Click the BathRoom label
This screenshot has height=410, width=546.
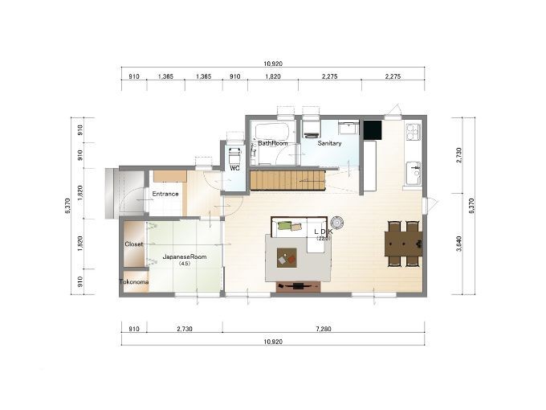pyautogui.click(x=273, y=143)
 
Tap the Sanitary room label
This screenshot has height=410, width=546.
pyautogui.click(x=329, y=143)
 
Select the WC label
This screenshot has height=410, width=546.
pyautogui.click(x=235, y=168)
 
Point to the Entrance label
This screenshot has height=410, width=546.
pyautogui.click(x=165, y=194)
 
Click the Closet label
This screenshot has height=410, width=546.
pyautogui.click(x=134, y=244)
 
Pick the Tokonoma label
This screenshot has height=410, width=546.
pyautogui.click(x=134, y=281)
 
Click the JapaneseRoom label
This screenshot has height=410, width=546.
pyautogui.click(x=185, y=256)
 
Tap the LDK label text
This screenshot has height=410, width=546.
pyautogui.click(x=324, y=232)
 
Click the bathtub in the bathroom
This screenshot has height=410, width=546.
pyautogui.click(x=271, y=132)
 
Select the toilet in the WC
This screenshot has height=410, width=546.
pyautogui.click(x=234, y=154)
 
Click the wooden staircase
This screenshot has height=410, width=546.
pyautogui.click(x=287, y=180)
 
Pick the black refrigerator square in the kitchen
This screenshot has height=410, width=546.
pyautogui.click(x=373, y=129)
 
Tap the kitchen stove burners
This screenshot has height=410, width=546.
pyautogui.click(x=414, y=131)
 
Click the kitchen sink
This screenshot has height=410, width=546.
pyautogui.click(x=414, y=172)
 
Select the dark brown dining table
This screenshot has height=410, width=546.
pyautogui.click(x=404, y=244)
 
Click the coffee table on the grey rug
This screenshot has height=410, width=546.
pyautogui.click(x=287, y=257)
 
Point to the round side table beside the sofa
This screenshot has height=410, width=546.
pyautogui.click(x=337, y=222)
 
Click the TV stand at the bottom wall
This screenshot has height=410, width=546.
pyautogui.click(x=299, y=286)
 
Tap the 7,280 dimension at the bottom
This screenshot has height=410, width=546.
pyautogui.click(x=324, y=329)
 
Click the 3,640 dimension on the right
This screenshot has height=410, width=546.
pyautogui.click(x=458, y=244)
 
